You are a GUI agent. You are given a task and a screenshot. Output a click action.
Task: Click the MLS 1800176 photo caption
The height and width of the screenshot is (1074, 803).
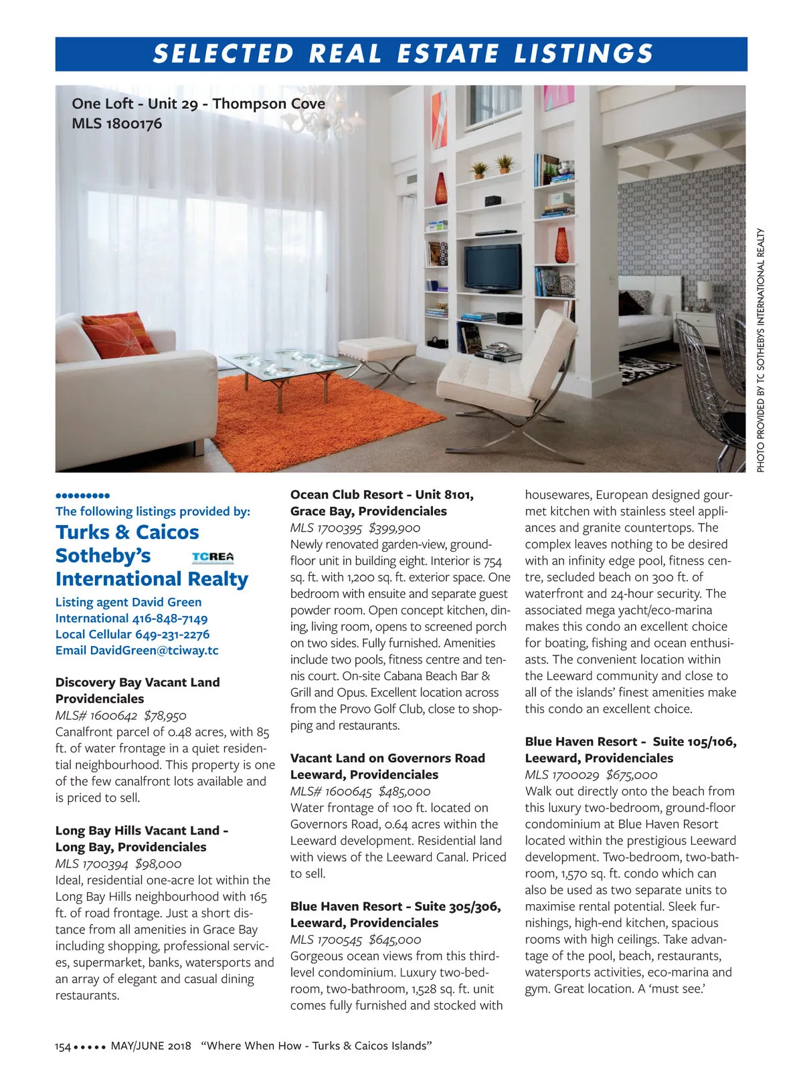tap(116, 124)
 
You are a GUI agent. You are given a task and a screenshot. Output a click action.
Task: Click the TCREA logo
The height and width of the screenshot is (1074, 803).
tap(213, 557)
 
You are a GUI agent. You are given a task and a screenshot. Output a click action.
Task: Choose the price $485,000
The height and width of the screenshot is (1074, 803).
tap(404, 791)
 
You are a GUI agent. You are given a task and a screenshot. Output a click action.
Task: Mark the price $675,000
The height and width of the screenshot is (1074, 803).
tap(632, 774)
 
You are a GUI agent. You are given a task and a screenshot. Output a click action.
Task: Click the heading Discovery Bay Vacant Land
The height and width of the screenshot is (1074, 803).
tap(137, 682)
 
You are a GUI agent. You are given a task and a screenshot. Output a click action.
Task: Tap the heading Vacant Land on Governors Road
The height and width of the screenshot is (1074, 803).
tap(387, 758)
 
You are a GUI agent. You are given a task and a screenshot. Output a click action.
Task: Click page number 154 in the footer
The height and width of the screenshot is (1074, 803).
tap(63, 1047)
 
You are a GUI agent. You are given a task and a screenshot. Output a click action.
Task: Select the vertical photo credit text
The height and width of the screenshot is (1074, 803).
tap(761, 350)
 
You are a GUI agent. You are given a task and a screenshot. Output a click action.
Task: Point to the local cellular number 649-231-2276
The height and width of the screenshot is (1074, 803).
tap(172, 635)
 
